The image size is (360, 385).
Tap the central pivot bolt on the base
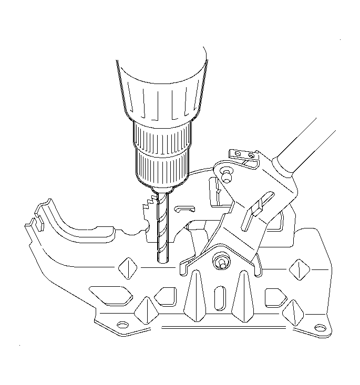point(220,262)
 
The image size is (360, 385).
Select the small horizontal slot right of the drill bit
point(182,209)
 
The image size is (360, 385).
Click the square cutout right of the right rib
point(274,297)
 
